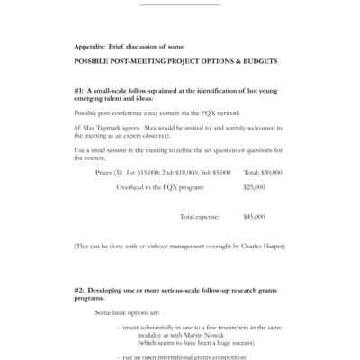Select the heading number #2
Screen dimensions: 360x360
pyautogui.click(x=80, y=293)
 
